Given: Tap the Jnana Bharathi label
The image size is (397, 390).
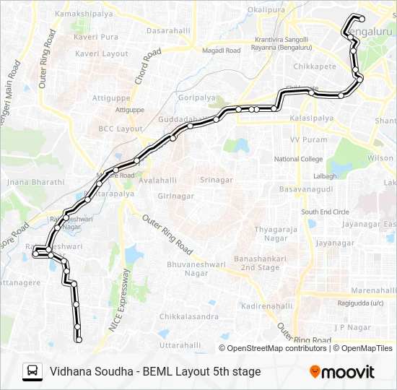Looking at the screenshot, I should [36, 183].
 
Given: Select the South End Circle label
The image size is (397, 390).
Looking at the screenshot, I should [325, 212].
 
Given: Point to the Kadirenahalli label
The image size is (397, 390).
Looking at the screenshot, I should [268, 306].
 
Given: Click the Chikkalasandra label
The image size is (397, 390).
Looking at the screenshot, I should [189, 317].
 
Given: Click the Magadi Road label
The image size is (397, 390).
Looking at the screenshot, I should [221, 51].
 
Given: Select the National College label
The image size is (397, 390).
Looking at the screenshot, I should [299, 159].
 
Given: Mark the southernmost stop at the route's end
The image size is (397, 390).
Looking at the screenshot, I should [79, 339].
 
